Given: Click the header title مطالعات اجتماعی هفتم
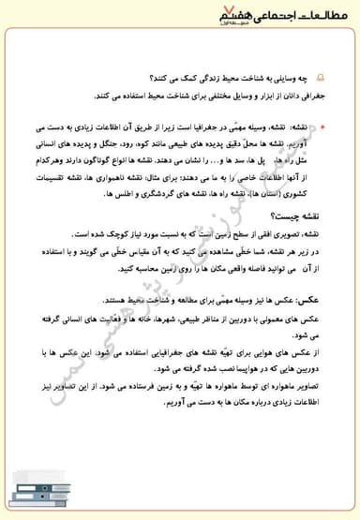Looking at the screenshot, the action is point(281,21).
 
